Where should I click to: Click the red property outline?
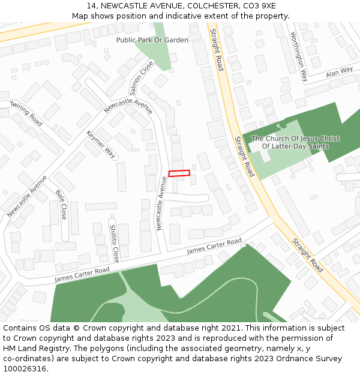179,173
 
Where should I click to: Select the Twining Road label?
26,113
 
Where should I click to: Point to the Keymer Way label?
101,144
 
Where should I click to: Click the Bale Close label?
61,204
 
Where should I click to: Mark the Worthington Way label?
298,56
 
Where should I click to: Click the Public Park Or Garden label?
152,40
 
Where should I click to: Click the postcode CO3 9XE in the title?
260,5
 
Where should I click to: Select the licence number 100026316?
24,369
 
